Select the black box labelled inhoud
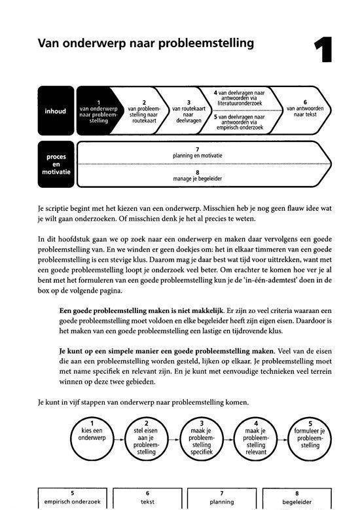pyautogui.click(x=56, y=111)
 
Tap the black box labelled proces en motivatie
pyautogui.click(x=56, y=162)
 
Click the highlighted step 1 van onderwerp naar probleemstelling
pyautogui.click(x=98, y=111)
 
